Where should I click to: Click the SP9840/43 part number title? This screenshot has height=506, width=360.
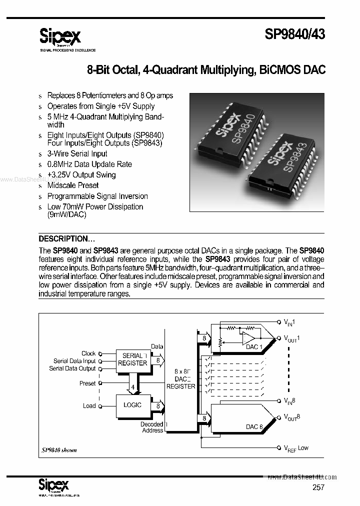pos(294,35)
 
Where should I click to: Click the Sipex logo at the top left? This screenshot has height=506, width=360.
pos(60,36)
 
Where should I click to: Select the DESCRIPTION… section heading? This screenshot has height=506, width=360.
pos(67,238)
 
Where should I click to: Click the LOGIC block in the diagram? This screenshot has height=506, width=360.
pos(132,405)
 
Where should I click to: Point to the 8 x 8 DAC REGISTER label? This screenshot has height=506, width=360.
pos(180,379)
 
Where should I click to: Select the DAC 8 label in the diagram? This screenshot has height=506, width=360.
pos(253,426)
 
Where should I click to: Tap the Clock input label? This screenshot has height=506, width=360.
pos(88,353)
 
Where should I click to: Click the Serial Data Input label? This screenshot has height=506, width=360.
pos(74,361)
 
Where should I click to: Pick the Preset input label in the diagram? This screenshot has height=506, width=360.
pos(87,383)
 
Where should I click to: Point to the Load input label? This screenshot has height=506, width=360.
pos(89,405)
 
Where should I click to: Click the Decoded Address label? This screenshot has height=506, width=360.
pos(152,427)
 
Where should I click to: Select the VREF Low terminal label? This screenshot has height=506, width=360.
pos(296,448)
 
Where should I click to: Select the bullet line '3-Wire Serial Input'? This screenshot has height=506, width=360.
pos(77,154)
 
